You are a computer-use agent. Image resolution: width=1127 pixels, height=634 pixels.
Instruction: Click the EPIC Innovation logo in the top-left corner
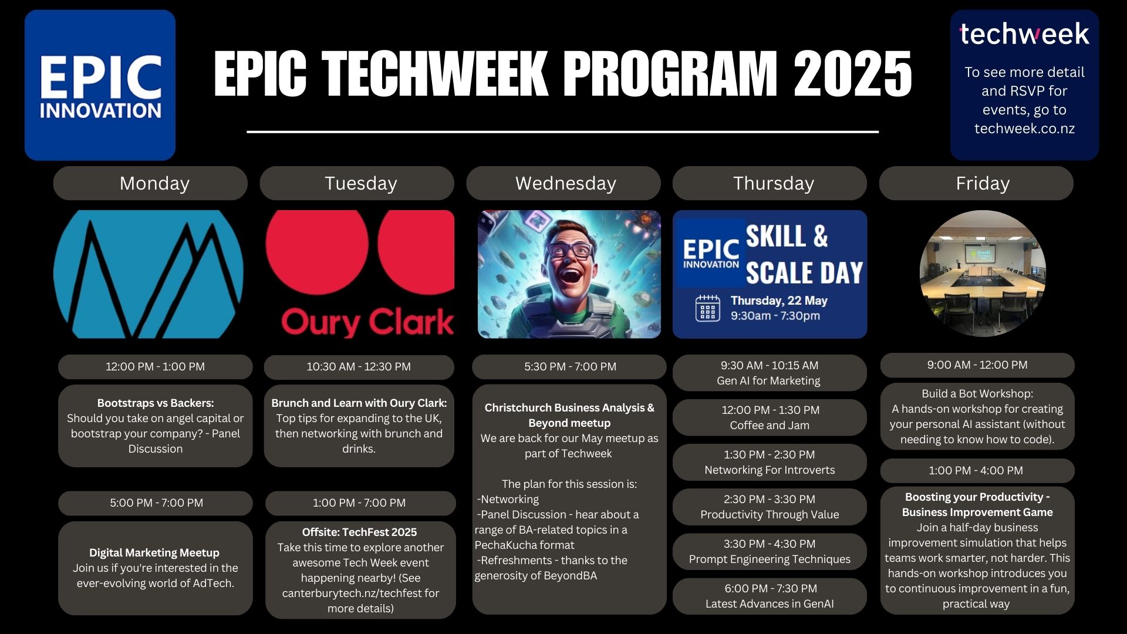100,85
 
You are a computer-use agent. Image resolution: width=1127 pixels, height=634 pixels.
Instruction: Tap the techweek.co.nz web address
1024,129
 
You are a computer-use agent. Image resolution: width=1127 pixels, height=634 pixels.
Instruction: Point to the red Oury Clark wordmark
367,322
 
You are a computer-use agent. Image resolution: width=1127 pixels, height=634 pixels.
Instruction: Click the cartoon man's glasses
569,251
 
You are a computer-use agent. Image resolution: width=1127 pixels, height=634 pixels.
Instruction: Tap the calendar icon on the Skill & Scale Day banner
707,308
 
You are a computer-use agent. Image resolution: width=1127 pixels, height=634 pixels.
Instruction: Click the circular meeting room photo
983,274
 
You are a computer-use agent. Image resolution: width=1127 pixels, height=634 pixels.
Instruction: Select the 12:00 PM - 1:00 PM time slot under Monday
155,367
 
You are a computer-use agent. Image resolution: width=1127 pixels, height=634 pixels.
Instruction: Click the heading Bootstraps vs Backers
156,403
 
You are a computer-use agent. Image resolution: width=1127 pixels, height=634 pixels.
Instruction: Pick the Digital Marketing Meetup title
154,552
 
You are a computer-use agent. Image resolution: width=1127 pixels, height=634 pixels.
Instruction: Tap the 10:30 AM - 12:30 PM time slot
359,367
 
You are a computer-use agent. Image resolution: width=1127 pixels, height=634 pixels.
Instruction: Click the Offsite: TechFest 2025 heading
359,532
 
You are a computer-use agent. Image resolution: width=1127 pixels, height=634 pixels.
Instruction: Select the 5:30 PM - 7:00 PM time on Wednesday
570,367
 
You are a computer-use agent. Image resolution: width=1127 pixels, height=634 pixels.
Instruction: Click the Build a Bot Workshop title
977,393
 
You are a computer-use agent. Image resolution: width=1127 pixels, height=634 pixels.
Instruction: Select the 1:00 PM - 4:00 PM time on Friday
976,471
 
